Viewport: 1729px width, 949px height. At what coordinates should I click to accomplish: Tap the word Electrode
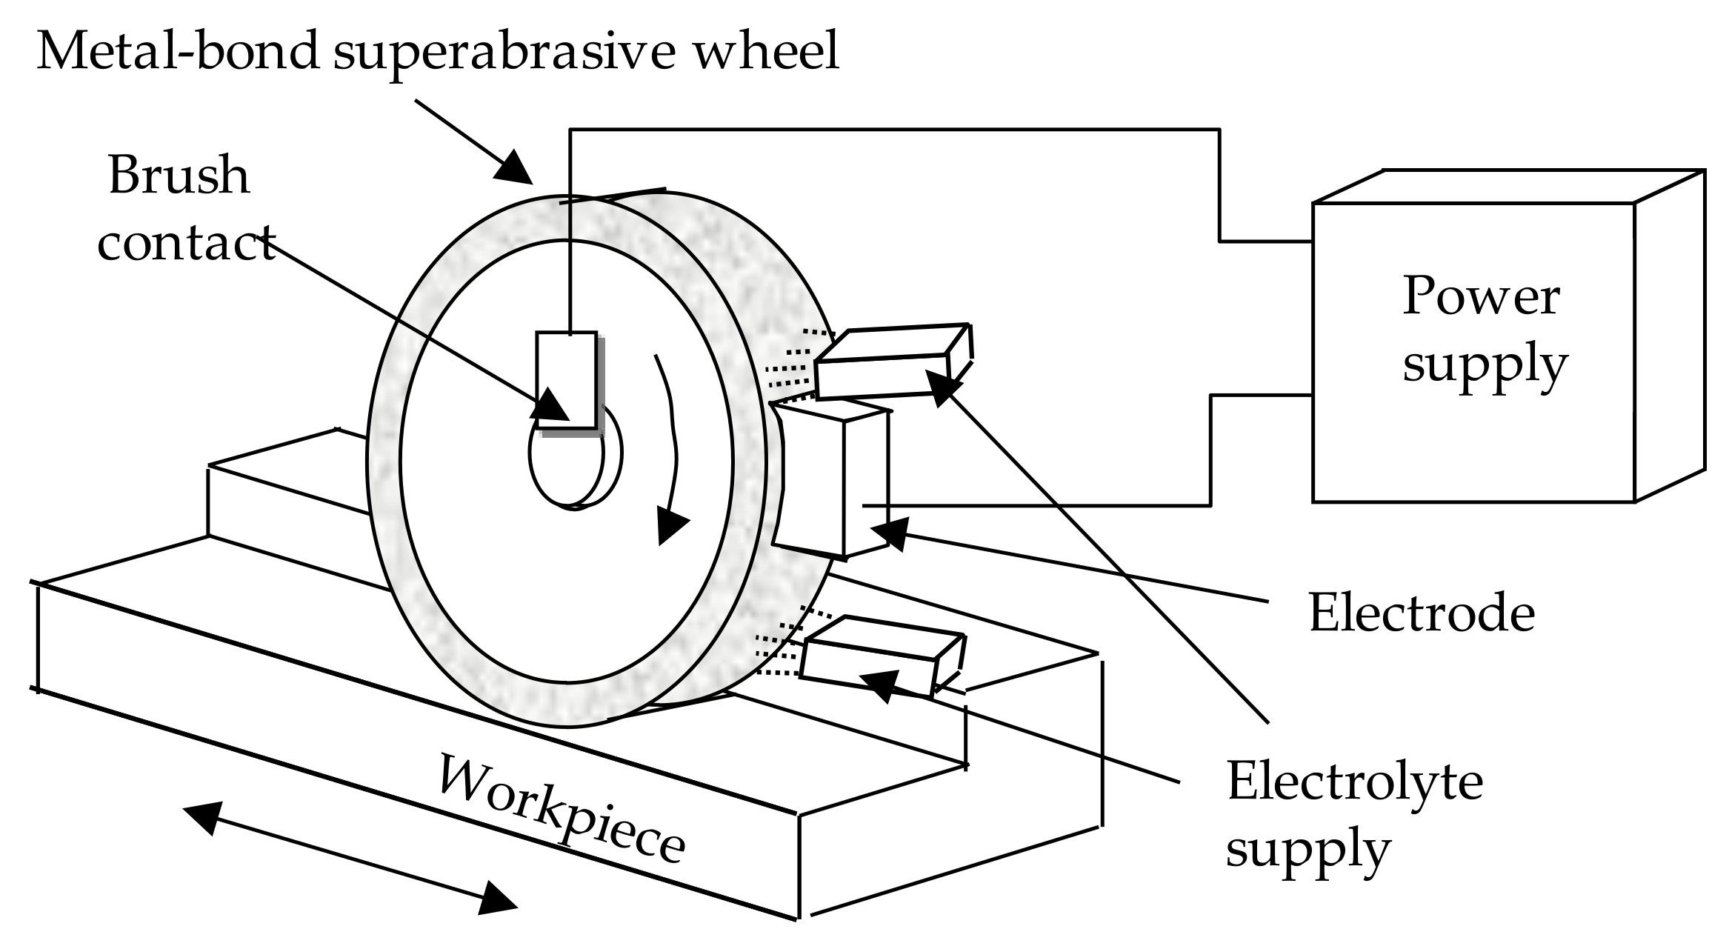1422,613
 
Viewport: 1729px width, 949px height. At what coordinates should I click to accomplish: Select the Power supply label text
1484,331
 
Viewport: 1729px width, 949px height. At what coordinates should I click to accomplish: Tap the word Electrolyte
1355,782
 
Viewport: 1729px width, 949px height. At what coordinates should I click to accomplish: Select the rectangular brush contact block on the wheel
567,379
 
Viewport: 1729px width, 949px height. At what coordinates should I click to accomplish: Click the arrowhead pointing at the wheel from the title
513,167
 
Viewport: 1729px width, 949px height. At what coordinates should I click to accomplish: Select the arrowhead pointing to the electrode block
891,532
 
